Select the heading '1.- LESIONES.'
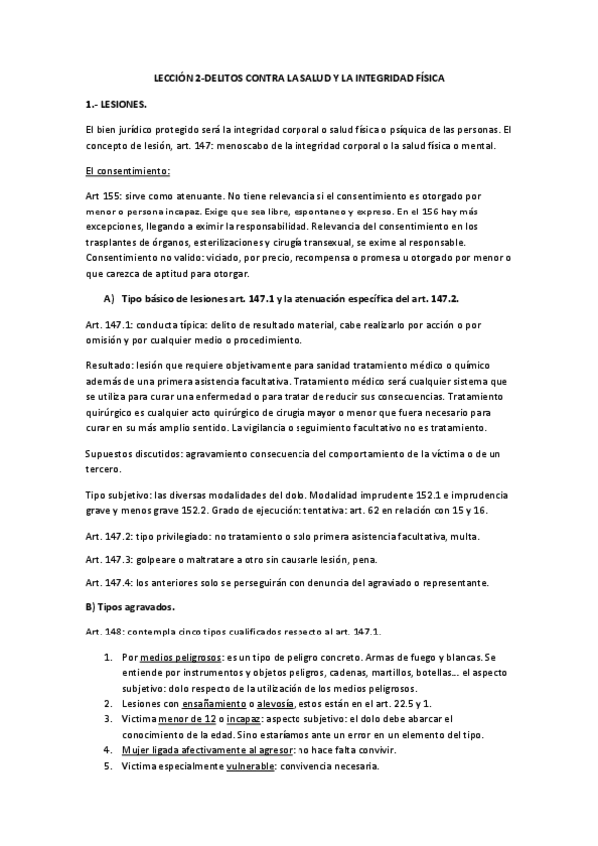tap(116, 103)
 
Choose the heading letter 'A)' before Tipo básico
tap(108, 299)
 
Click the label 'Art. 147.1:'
tap(112, 326)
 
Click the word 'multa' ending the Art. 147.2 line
tap(493, 536)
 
